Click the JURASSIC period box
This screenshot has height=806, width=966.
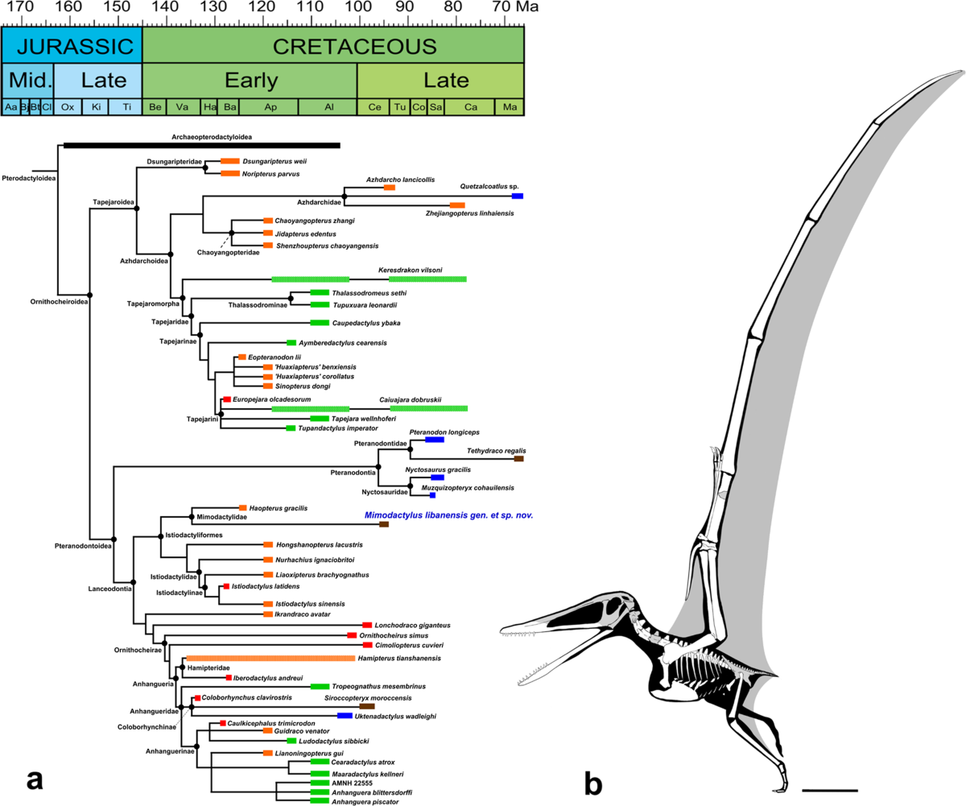[72, 46]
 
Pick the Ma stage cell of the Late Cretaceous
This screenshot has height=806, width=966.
[509, 107]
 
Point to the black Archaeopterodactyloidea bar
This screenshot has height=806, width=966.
[201, 145]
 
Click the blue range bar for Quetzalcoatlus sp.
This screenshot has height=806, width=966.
[518, 196]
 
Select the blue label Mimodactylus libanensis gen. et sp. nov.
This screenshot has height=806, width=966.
[448, 515]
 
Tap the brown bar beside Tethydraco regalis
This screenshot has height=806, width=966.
[519, 458]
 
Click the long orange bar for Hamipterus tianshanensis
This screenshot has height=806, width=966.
[270, 659]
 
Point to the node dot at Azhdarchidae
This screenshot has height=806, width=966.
[345, 196]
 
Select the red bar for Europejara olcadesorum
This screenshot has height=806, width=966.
[227, 400]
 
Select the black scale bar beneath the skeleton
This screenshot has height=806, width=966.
[830, 789]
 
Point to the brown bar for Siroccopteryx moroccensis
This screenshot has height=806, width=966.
[367, 705]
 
